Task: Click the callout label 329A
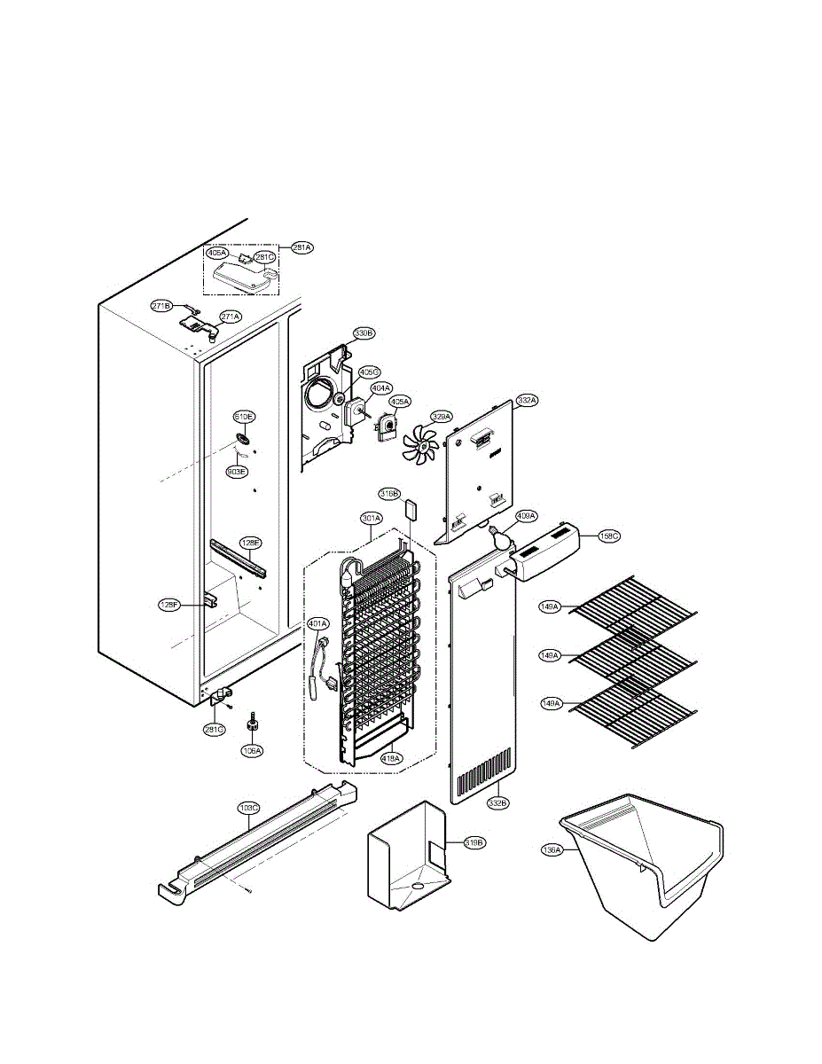pos(442,416)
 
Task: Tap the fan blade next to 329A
pos(421,444)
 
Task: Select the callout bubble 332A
pos(527,401)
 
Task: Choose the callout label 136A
pos(552,849)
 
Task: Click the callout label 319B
pos(473,842)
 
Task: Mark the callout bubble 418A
pos(391,758)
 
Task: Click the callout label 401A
pos(317,623)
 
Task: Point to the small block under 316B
pos(410,511)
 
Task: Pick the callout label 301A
pos(371,517)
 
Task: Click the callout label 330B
pos(364,333)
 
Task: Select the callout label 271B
pos(161,306)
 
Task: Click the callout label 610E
pos(244,416)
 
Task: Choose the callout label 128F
pos(168,605)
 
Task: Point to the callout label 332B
pos(497,802)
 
